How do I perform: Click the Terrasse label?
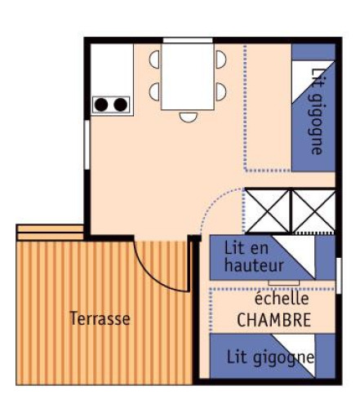[100, 318]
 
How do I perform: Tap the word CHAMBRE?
[273, 321]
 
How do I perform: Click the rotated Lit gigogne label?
[317, 110]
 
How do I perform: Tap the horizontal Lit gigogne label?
[260, 357]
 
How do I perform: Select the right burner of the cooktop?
[120, 104]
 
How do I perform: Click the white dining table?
[188, 76]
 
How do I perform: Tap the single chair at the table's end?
[189, 116]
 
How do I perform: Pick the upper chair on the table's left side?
[154, 59]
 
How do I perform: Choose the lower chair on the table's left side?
[154, 91]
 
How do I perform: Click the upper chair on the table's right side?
[221, 59]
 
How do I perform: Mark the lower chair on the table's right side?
[221, 91]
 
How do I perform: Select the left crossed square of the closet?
[267, 211]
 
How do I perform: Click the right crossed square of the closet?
[313, 211]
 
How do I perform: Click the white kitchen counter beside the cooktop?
[112, 69]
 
